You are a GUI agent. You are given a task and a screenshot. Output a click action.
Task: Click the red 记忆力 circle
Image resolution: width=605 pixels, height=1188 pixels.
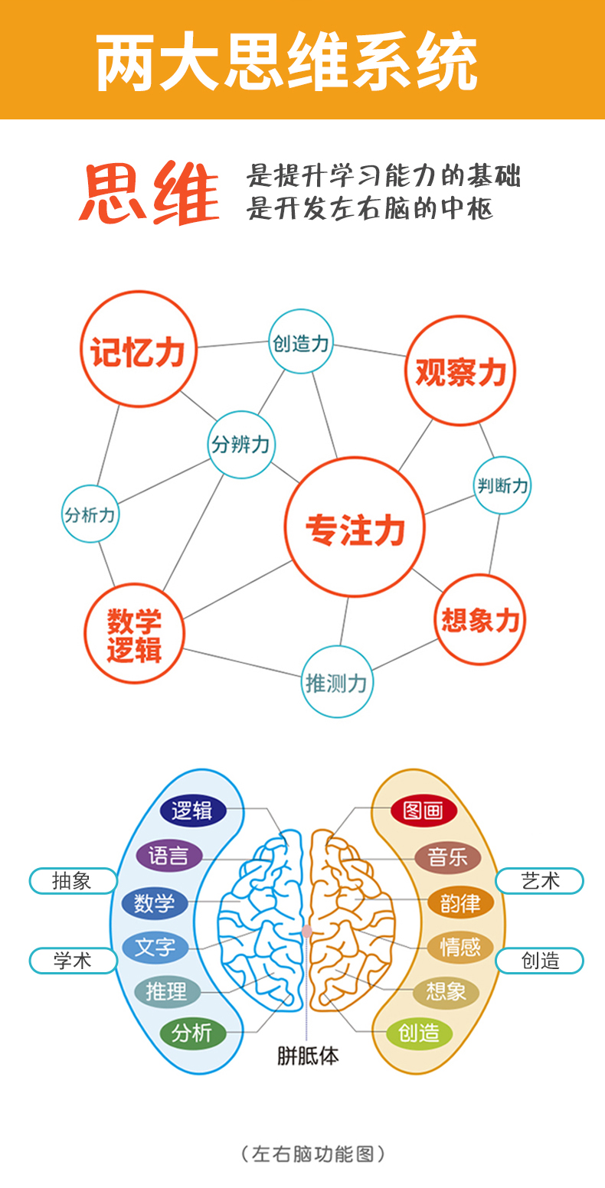139,349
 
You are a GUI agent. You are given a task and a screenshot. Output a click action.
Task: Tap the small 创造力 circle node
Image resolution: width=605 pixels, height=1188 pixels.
301,342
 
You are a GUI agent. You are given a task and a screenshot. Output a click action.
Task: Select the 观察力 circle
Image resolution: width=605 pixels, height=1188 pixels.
460,370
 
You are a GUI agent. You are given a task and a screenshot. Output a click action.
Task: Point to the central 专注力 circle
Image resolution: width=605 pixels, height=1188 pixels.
355,527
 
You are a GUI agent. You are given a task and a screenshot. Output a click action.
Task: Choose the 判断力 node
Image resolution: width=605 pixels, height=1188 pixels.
502,485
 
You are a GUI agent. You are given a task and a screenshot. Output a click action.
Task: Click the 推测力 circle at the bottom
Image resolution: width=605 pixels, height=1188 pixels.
337,682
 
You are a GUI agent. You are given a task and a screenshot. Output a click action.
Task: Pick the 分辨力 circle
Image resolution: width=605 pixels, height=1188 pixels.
241,445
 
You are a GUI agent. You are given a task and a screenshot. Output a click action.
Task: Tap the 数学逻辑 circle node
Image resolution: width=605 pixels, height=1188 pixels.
134,634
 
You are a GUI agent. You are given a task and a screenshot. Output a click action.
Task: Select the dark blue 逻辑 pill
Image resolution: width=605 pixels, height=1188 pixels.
193,811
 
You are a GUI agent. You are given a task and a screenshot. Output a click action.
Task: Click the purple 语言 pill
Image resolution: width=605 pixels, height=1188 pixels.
168,856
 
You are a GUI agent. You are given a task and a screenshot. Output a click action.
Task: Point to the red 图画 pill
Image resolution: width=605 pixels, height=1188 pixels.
423,811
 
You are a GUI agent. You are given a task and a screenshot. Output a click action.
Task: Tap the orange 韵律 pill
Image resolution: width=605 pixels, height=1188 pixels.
460,903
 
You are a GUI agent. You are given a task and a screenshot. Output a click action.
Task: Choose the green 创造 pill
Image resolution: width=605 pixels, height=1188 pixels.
419,1033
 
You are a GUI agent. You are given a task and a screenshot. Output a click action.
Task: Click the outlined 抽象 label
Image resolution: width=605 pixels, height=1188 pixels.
73,881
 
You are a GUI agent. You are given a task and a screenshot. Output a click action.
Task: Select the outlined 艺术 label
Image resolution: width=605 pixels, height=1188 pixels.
540,881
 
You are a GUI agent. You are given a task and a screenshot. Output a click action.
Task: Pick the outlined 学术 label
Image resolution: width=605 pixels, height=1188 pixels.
73,961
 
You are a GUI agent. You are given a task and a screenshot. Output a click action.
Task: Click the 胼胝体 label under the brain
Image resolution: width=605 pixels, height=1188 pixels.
308,1056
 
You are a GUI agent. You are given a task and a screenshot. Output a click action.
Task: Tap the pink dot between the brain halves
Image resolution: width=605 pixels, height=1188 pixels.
306,932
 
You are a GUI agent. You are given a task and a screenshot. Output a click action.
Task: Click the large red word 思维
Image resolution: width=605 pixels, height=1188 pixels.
149,193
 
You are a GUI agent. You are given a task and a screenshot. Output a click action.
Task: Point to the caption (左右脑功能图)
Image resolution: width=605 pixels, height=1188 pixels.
312,1154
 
